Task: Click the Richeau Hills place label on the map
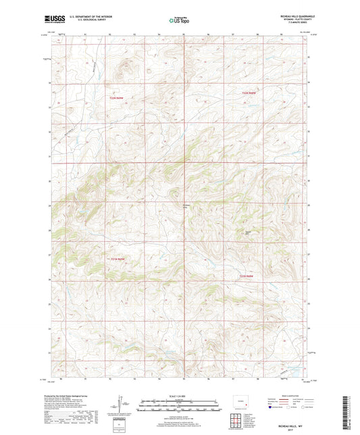(x=187, y=206)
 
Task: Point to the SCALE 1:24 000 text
(x=179, y=396)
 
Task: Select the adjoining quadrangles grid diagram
(x=236, y=421)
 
